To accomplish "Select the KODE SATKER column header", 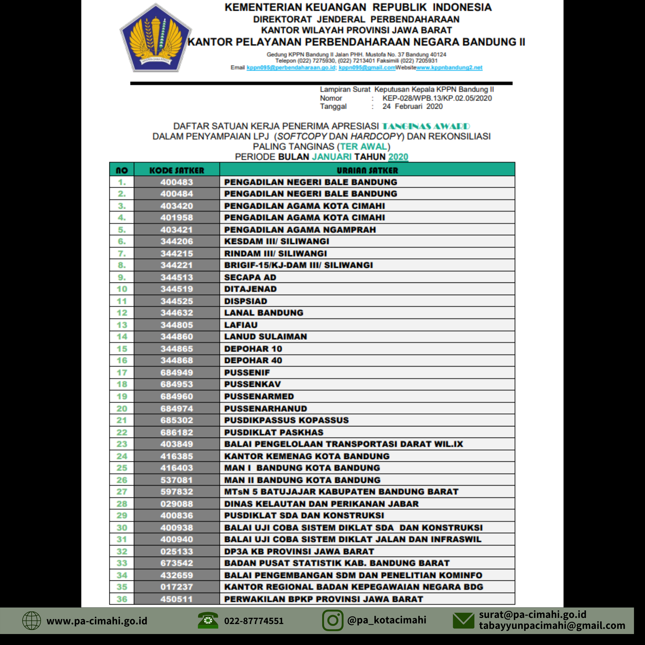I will click(x=177, y=170).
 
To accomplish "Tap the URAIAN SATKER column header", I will click(x=367, y=170).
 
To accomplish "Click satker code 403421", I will click(x=177, y=230).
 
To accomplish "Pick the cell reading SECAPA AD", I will click(x=250, y=277).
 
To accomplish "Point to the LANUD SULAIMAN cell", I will click(x=265, y=336).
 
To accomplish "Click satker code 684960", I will click(x=177, y=396).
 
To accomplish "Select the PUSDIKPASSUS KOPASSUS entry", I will click(x=286, y=420).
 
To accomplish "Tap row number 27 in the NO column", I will click(x=122, y=492).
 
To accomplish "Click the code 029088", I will click(x=177, y=504).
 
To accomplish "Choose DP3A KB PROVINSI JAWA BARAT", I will click(x=299, y=551).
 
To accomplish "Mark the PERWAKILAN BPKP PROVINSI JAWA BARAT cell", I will click(x=323, y=599).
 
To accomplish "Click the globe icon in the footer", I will click(x=31, y=620).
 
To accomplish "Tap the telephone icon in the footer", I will click(x=208, y=620).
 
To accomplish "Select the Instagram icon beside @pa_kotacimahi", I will click(x=332, y=620).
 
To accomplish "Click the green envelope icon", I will click(x=463, y=620).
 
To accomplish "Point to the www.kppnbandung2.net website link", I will click(x=449, y=67).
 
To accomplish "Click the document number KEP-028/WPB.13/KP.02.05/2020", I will click(x=437, y=98).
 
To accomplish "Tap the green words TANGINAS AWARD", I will click(x=426, y=126).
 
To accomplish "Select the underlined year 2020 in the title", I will click(x=398, y=157).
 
